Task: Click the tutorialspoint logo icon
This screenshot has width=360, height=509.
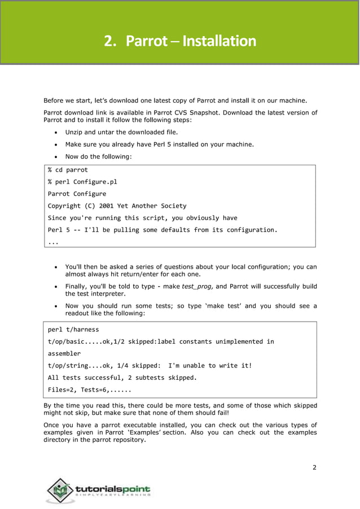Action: tap(60, 490)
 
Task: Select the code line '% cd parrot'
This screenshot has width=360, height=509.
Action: tap(68, 170)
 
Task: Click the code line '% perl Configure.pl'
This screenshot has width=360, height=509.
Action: tap(82, 182)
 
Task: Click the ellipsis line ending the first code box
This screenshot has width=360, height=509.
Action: tap(52, 242)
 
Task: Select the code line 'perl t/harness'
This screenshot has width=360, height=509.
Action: tap(73, 330)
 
